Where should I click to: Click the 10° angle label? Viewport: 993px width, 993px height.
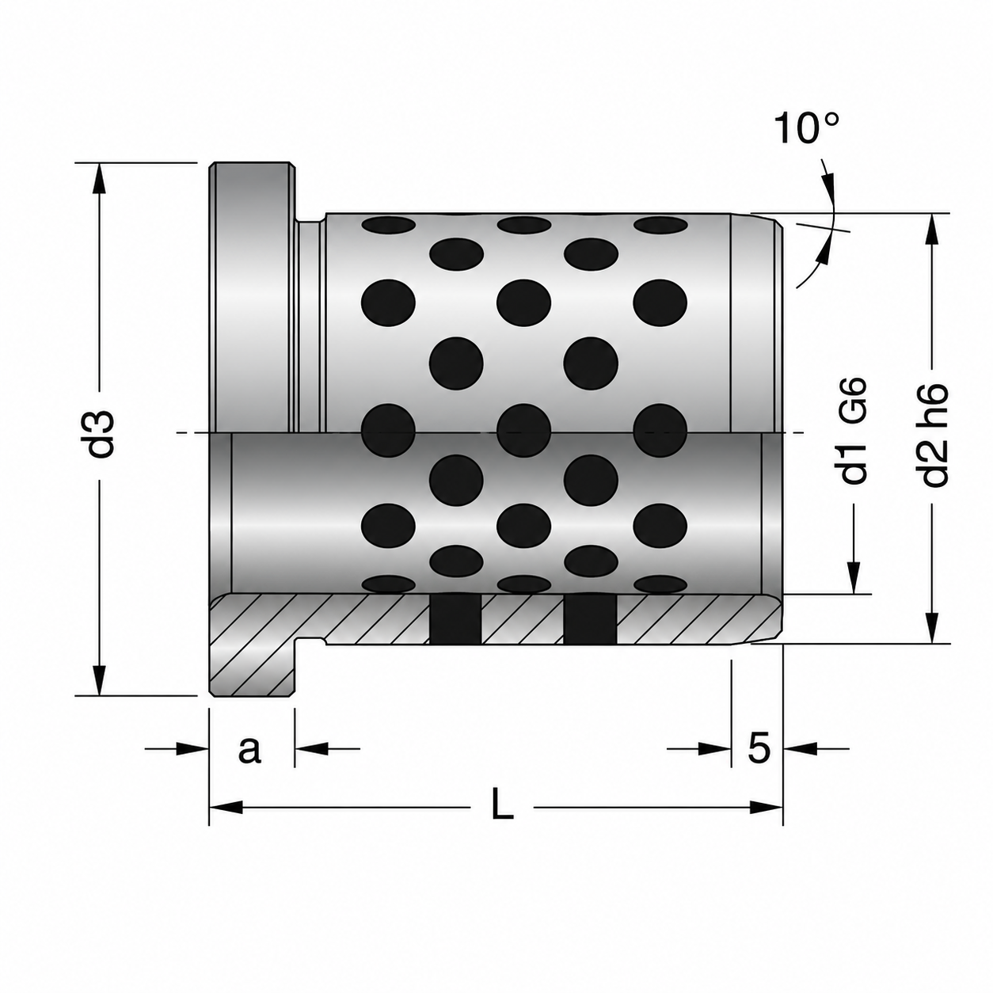point(806,127)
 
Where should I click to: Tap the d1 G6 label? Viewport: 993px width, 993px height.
point(853,431)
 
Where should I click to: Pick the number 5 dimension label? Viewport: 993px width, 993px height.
point(759,748)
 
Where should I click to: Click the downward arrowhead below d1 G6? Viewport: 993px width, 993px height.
point(854,577)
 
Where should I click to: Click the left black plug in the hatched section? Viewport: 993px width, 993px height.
point(455,619)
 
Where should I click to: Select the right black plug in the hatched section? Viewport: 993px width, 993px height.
point(590,619)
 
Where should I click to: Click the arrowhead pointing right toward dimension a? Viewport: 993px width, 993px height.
point(192,749)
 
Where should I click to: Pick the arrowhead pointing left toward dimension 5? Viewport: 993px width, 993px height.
point(799,749)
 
